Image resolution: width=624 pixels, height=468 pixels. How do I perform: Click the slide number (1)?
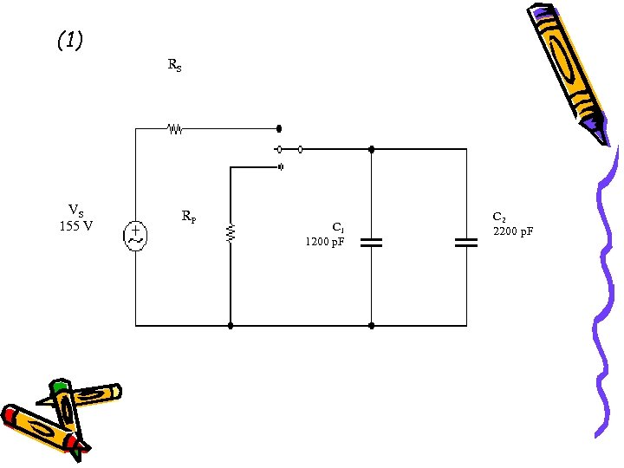point(69,41)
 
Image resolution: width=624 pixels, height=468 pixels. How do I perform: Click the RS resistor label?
point(174,65)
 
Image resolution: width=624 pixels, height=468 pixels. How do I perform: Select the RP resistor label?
point(188,216)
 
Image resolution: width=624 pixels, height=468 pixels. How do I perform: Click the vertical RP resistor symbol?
point(231,232)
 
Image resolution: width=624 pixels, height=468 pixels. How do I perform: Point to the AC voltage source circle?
point(136,236)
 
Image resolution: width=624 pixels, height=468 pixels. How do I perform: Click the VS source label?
point(76,211)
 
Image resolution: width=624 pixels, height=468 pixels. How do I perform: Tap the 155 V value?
point(76,227)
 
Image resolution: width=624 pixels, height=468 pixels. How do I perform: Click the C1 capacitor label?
point(338,228)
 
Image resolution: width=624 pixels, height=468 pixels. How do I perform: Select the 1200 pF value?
point(325,242)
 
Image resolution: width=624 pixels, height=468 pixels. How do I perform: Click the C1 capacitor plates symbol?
point(371,242)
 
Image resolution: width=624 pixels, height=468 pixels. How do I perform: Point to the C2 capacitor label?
point(499,217)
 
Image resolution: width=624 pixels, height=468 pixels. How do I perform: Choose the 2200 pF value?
point(513,231)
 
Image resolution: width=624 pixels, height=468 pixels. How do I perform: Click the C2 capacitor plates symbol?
point(466,242)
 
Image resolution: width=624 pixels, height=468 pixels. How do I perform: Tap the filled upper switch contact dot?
point(279,128)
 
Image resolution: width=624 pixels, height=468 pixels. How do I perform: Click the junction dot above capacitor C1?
point(371,149)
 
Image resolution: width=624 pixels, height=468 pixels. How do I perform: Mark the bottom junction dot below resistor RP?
point(231,326)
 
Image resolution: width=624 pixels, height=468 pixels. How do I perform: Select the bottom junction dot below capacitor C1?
point(371,326)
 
